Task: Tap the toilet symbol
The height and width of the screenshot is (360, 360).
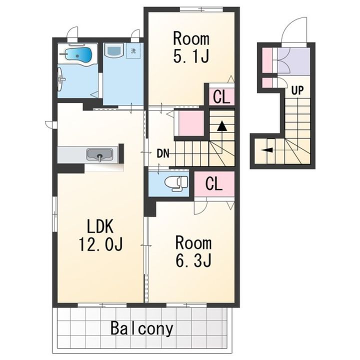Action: [176, 183]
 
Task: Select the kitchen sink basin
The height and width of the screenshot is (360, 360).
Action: [100, 154]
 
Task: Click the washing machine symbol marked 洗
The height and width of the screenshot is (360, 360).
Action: [133, 50]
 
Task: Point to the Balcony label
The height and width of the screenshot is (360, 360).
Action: [141, 329]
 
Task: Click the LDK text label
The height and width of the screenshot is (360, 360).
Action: [100, 227]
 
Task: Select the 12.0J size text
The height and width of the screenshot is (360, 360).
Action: [101, 244]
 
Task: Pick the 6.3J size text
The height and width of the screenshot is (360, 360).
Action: [193, 260]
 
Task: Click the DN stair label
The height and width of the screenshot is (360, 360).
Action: [163, 153]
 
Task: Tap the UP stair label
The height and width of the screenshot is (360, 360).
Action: [297, 90]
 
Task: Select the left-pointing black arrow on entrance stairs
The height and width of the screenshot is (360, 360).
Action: [267, 150]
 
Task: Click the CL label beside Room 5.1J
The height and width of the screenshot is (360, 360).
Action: [221, 97]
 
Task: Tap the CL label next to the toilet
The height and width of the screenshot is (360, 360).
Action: [214, 183]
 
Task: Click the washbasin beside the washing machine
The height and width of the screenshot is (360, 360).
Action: [113, 50]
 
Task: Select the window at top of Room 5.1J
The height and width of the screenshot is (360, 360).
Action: [201, 9]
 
